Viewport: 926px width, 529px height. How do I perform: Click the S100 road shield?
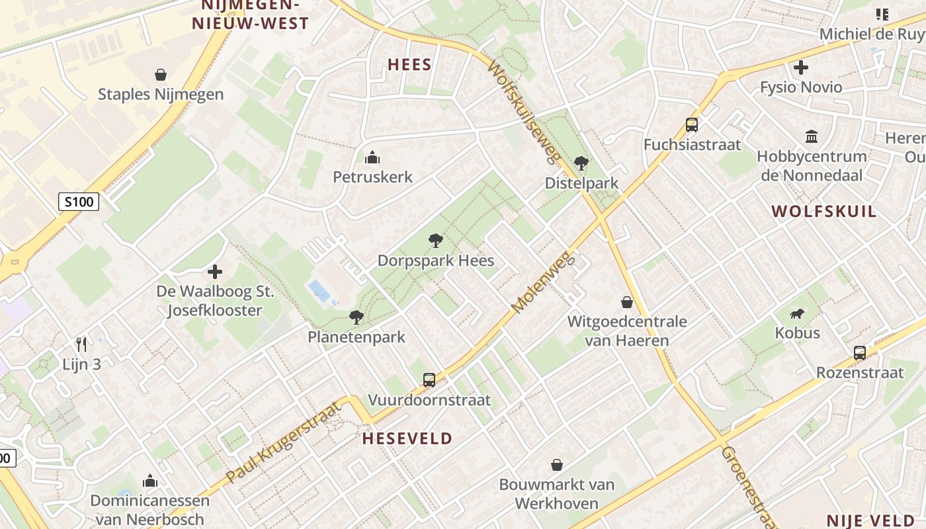click(x=79, y=202)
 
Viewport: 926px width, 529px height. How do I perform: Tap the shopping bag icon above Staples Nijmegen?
click(x=160, y=75)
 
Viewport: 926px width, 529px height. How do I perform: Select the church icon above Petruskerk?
click(x=372, y=157)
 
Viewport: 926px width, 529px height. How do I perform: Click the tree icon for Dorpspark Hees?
click(x=435, y=241)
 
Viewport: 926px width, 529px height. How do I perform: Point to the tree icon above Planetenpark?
click(x=356, y=317)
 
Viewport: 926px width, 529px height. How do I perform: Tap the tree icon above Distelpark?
click(x=581, y=163)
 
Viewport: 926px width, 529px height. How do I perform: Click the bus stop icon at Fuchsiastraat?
click(x=691, y=124)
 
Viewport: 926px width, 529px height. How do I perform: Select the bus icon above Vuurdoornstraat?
click(x=429, y=380)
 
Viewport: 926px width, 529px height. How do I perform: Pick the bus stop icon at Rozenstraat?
click(x=859, y=352)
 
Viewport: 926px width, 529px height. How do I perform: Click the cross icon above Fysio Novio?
click(x=800, y=67)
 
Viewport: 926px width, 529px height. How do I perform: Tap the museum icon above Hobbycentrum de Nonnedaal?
click(x=811, y=137)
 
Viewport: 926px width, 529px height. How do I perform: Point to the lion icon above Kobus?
click(x=798, y=313)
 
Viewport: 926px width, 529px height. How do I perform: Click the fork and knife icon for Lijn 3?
click(x=81, y=344)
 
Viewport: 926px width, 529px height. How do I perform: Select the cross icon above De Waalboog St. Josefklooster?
click(x=214, y=271)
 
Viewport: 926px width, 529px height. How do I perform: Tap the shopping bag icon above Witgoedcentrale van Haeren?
click(x=626, y=302)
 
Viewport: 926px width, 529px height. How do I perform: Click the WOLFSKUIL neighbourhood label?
click(x=823, y=212)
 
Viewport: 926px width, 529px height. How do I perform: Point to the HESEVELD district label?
click(x=407, y=438)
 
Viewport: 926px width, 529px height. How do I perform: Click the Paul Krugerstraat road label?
click(x=284, y=441)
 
